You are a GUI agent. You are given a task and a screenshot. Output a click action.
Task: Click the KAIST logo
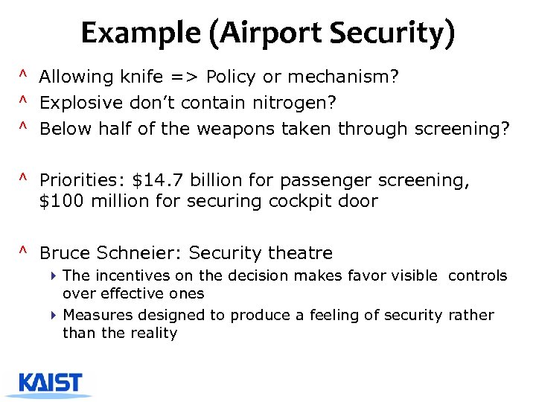(x=50, y=383)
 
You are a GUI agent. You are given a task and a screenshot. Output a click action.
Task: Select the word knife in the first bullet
(x=138, y=77)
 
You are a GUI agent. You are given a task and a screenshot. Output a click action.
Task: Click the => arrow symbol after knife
(x=182, y=77)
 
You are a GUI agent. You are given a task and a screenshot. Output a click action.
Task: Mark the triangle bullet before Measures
(x=54, y=315)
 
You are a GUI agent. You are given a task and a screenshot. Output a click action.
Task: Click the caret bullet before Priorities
(x=24, y=179)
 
